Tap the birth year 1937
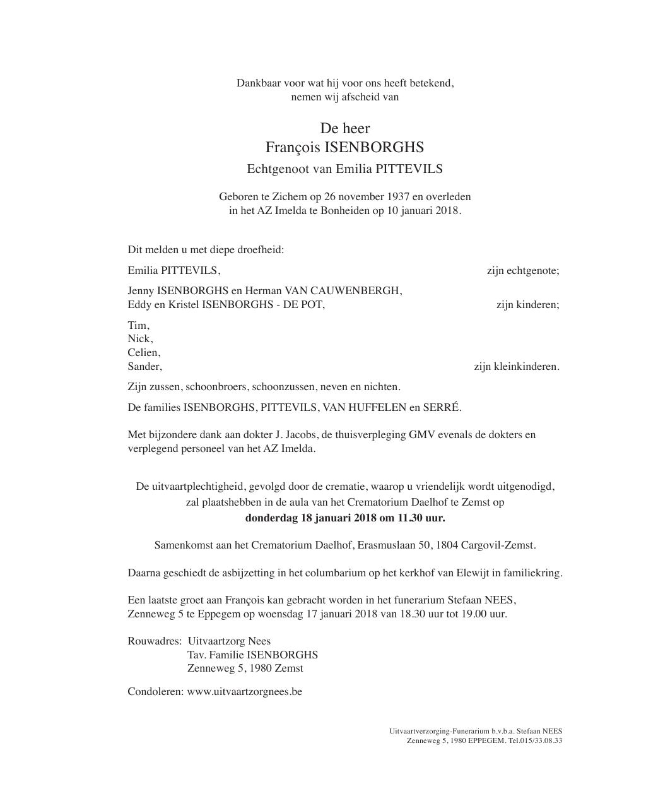[x=399, y=197]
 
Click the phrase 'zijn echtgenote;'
[x=523, y=271]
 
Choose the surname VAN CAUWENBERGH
[x=343, y=291]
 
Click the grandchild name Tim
[x=138, y=326]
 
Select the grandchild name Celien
[x=143, y=353]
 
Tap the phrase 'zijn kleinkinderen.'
[x=516, y=367]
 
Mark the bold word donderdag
[x=271, y=518]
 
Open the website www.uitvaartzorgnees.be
[x=245, y=692]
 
